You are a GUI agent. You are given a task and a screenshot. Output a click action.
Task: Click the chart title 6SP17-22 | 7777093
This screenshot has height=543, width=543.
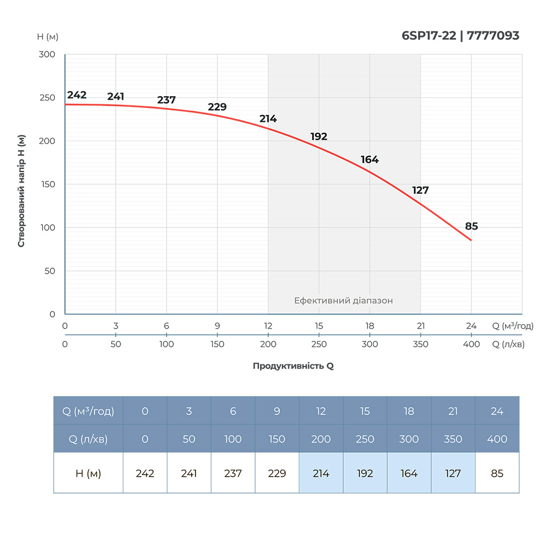click(x=460, y=36)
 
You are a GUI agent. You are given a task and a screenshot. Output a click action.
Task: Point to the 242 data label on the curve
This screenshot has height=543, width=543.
click(x=77, y=95)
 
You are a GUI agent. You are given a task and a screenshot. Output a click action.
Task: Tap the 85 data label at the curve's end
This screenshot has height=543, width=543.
click(x=471, y=226)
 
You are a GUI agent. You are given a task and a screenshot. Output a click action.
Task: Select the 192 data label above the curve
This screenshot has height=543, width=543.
click(x=319, y=136)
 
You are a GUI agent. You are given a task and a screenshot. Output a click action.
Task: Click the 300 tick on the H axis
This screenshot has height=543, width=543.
click(x=47, y=54)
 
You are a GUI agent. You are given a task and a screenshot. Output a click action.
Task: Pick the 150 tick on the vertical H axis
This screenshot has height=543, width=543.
click(x=47, y=184)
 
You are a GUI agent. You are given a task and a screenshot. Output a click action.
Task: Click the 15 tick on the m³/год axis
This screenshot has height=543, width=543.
click(x=319, y=326)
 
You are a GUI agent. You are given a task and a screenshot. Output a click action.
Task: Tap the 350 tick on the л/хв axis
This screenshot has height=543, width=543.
click(x=420, y=344)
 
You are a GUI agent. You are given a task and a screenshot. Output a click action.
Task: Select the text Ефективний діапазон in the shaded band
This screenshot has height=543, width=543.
click(x=343, y=300)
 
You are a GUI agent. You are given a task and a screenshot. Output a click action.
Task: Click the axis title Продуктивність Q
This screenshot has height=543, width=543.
click(x=293, y=366)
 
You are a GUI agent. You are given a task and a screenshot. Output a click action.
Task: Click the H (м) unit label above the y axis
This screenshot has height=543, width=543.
click(x=48, y=36)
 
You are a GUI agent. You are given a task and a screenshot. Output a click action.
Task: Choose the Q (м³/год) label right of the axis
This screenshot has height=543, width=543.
click(x=513, y=326)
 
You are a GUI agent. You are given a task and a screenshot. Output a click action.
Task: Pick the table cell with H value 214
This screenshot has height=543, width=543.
click(x=321, y=473)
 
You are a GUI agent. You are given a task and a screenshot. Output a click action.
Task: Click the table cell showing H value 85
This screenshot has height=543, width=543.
click(x=497, y=473)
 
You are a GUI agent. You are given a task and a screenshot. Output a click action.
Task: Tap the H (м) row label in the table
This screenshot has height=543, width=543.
click(x=88, y=473)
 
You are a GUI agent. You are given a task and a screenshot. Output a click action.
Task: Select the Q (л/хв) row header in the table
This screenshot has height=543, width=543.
click(x=88, y=439)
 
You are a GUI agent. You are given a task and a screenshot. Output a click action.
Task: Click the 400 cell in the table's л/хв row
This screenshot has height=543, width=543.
click(x=497, y=439)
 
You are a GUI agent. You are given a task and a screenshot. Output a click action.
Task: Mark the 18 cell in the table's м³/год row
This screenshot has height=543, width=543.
click(x=409, y=411)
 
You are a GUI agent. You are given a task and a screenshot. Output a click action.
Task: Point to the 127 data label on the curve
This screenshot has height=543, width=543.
click(x=420, y=190)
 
